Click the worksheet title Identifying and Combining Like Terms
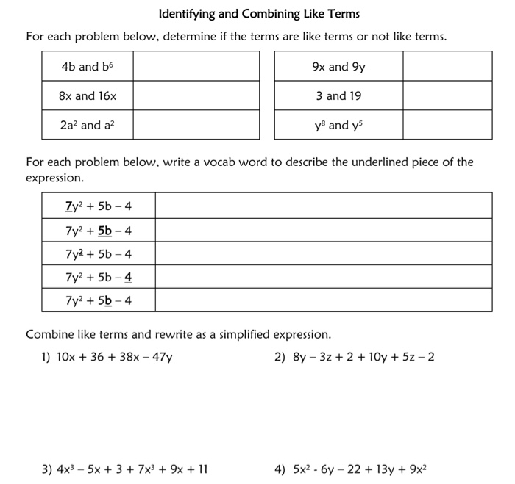[x=259, y=14]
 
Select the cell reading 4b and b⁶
[x=88, y=67]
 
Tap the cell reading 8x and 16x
[x=88, y=96]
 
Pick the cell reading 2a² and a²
[x=88, y=125]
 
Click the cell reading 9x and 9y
[x=338, y=67]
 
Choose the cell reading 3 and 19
[x=338, y=96]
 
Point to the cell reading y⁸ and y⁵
[x=338, y=125]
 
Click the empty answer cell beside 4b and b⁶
[x=196, y=67]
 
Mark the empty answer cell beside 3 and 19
[x=447, y=96]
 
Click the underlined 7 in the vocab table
[x=68, y=206]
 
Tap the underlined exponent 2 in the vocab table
[x=80, y=252]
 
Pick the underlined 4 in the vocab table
[x=128, y=278]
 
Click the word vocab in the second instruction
[x=243, y=162]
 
